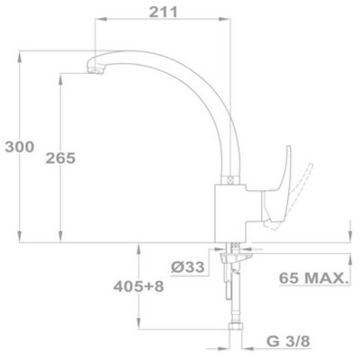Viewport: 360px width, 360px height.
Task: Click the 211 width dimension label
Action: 164,13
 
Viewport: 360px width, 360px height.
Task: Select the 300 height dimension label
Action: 20,147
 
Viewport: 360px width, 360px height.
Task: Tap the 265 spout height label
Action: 60,158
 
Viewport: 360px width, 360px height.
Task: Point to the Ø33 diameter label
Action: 188,266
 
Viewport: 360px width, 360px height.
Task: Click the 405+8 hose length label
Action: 139,286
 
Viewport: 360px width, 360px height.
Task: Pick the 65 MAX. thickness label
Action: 314,278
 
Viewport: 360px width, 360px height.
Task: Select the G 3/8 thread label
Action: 288,341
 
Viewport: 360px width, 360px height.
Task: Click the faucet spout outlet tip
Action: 95,71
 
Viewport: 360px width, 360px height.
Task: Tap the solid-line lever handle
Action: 278,192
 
